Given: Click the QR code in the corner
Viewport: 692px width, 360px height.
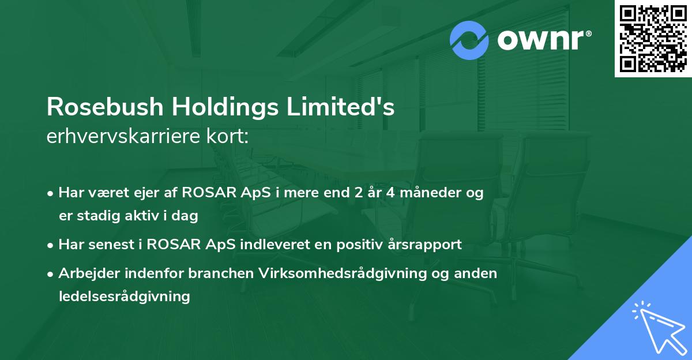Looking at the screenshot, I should [653, 39].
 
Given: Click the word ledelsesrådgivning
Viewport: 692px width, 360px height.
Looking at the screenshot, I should [124, 297].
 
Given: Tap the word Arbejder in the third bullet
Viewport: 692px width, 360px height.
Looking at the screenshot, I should [85, 273].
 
